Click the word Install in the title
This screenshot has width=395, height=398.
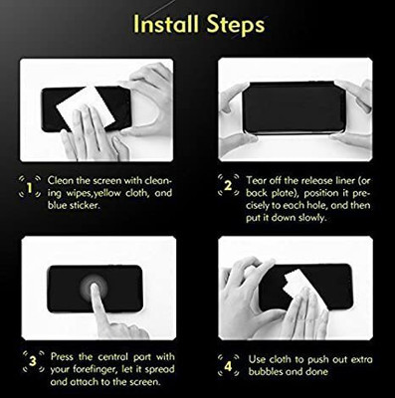[159, 23]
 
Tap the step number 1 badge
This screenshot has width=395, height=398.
[31, 186]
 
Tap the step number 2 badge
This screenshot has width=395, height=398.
[227, 186]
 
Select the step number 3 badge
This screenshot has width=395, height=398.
[31, 360]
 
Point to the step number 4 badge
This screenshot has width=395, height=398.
[227, 360]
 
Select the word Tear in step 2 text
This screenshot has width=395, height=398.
[256, 174]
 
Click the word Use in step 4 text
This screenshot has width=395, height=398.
[255, 355]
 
